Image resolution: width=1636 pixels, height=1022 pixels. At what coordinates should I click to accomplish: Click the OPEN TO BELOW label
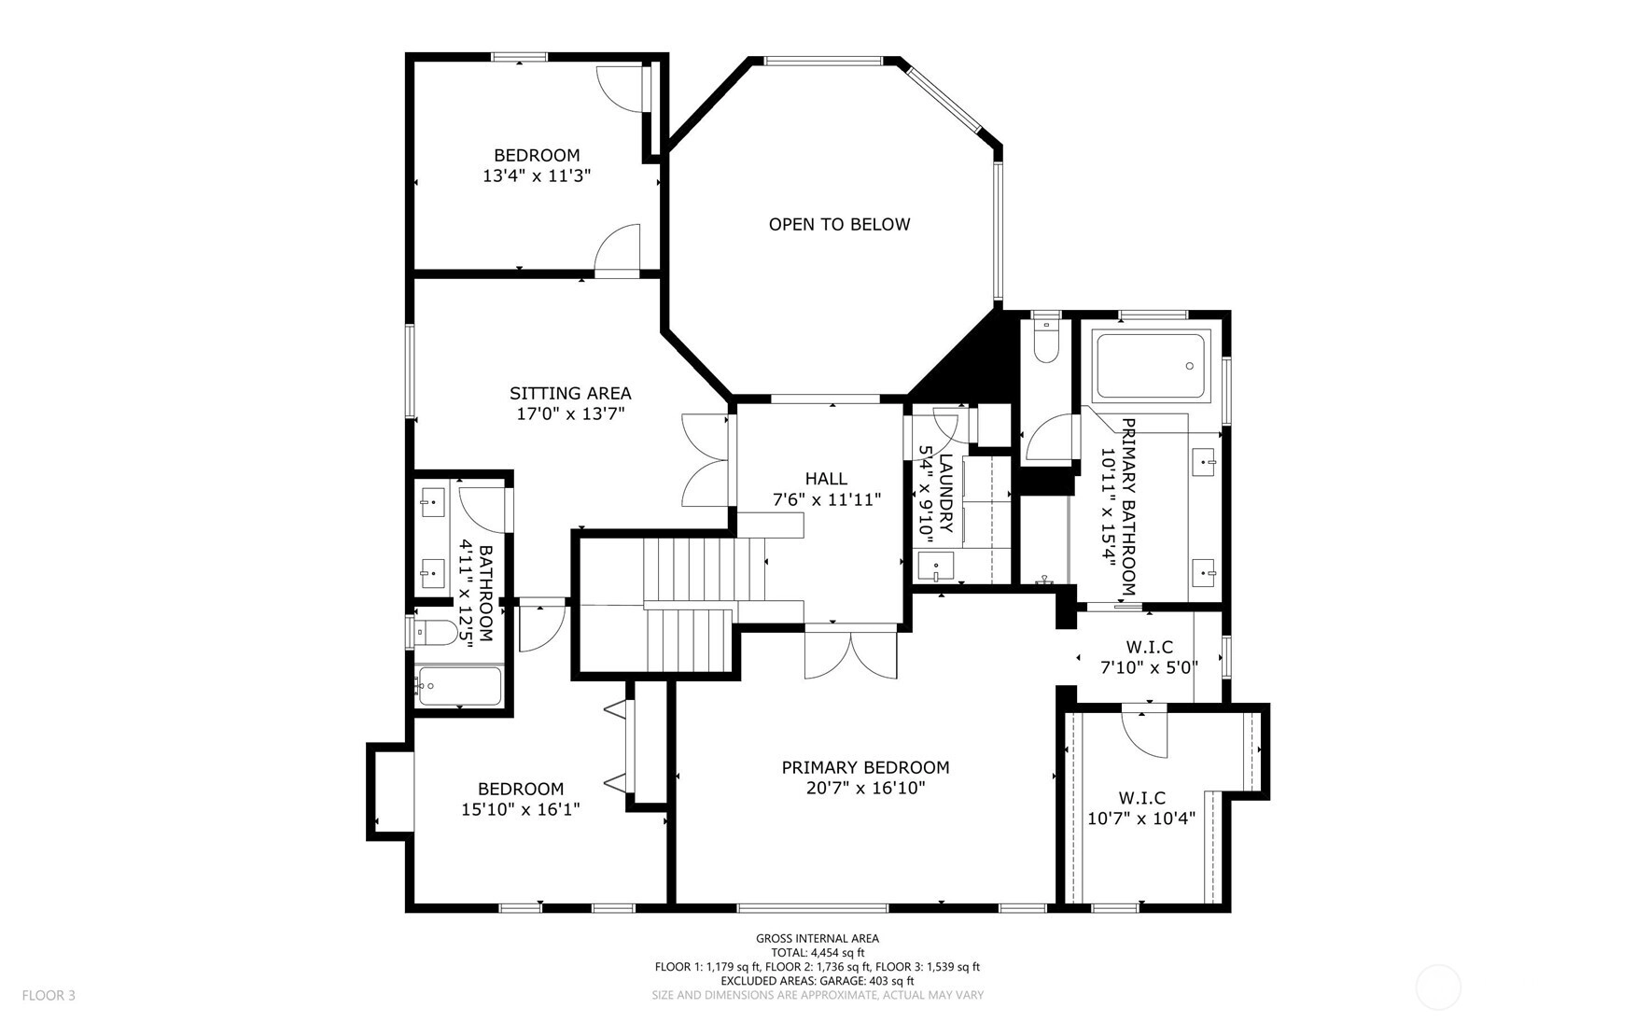839,224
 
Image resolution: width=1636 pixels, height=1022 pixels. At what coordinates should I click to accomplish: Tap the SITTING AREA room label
570,394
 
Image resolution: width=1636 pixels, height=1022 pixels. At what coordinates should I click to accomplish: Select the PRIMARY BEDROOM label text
865,767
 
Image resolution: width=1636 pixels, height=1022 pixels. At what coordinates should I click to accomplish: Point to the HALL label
826,479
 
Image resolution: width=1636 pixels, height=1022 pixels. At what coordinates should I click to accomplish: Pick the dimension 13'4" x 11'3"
537,175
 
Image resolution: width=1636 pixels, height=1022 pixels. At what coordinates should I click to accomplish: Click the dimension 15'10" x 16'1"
521,809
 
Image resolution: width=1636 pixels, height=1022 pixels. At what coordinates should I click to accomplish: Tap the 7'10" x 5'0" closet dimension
1150,667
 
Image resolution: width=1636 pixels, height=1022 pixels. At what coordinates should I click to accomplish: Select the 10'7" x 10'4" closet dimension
1141,819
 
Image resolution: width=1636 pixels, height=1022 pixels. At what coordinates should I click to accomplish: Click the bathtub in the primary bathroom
1151,367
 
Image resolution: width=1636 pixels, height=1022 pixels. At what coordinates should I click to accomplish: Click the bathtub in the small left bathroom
459,686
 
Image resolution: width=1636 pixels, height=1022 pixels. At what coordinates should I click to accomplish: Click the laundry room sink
935,567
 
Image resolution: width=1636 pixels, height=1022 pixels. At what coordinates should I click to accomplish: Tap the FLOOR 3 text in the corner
49,995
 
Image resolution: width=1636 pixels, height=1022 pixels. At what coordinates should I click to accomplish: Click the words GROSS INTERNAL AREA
818,939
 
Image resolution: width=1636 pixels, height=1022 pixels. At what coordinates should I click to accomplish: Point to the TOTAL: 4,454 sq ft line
818,953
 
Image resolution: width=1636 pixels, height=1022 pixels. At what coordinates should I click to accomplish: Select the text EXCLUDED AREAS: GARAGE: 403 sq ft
818,981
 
